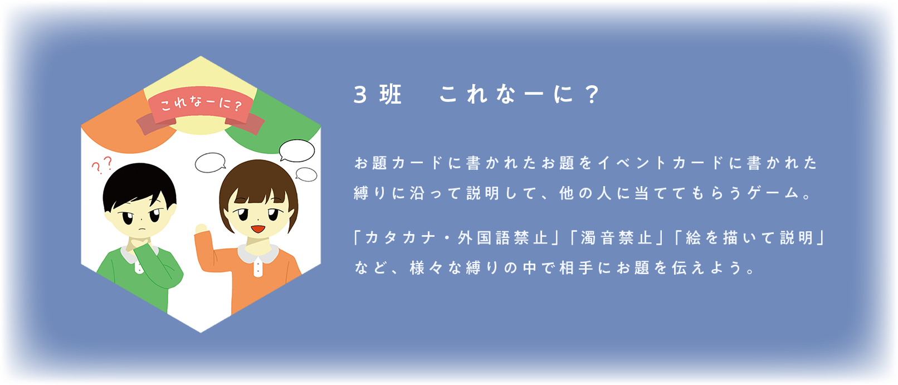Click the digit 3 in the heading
pos(360,95)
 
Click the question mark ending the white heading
pos(592,95)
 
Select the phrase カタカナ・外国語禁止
pos(456,238)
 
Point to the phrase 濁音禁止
pos(616,238)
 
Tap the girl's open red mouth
pos(258,228)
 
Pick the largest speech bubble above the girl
pos(297,150)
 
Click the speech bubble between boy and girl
pos(210,163)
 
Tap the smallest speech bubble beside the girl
pos(306,174)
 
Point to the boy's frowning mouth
pos(141,228)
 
